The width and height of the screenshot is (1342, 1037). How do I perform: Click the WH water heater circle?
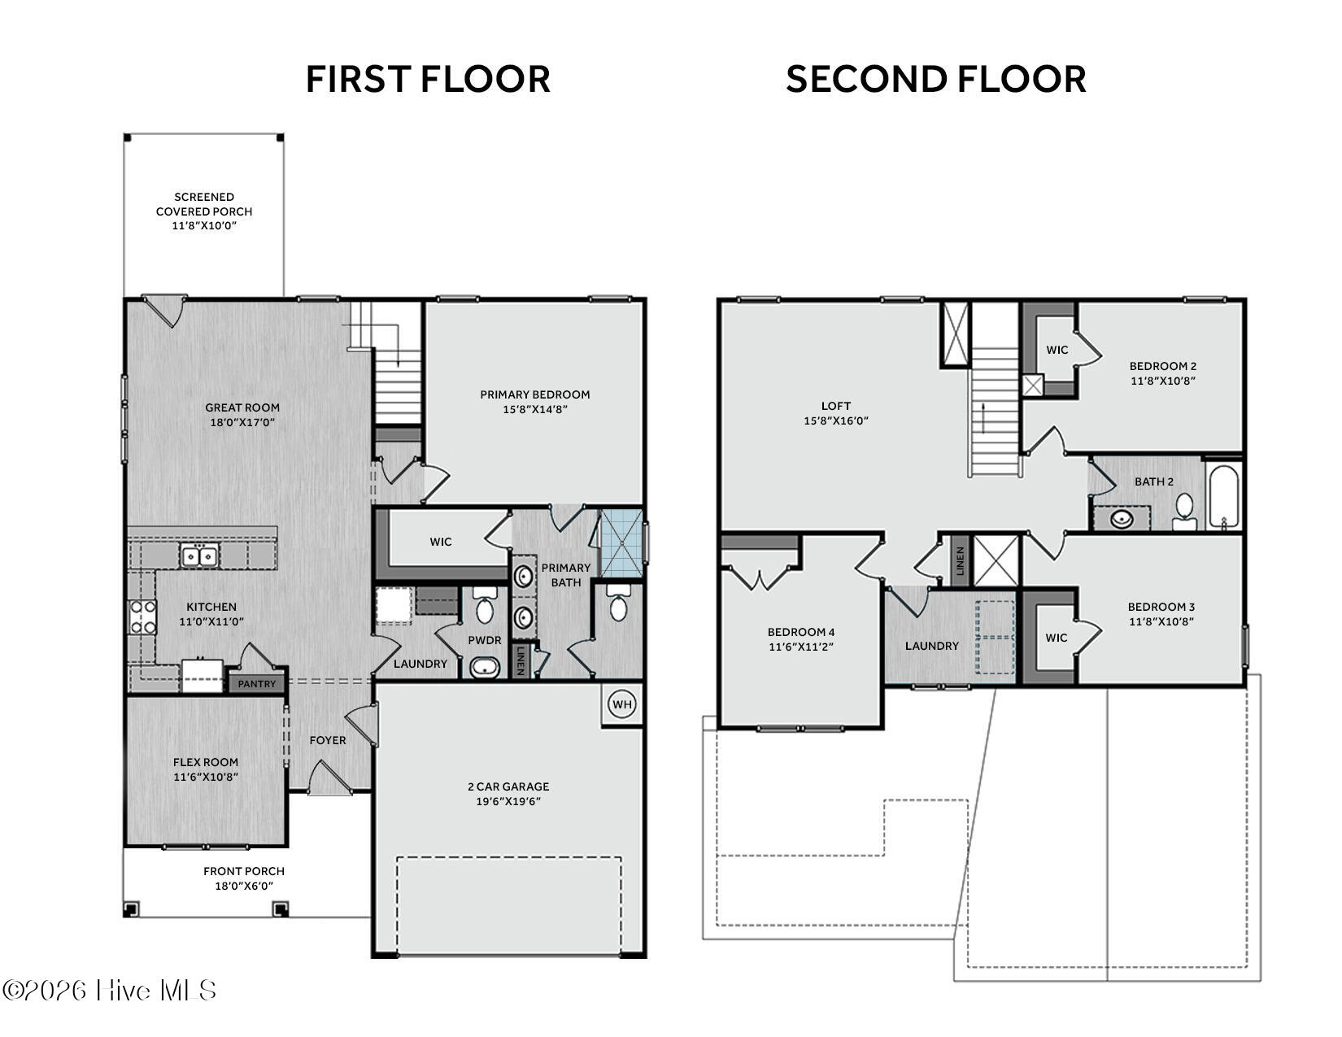(x=622, y=704)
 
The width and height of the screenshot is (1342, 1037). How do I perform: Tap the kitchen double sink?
(x=199, y=556)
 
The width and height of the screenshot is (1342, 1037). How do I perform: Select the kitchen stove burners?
(x=142, y=617)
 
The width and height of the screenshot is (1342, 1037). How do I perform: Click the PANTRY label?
(x=257, y=684)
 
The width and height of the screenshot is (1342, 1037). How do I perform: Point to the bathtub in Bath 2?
(x=1223, y=495)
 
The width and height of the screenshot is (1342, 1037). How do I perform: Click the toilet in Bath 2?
(x=1184, y=512)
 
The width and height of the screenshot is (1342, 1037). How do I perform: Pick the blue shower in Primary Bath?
(x=621, y=542)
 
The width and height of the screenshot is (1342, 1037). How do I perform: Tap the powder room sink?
(x=485, y=668)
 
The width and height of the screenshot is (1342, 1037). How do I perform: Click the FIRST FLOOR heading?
(x=428, y=80)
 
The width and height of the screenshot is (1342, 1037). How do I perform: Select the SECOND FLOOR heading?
(x=935, y=80)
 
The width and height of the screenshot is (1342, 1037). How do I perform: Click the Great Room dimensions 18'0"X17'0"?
(x=242, y=422)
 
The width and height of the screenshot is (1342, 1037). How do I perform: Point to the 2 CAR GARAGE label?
(x=508, y=786)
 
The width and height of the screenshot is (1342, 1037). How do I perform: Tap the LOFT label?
(x=836, y=406)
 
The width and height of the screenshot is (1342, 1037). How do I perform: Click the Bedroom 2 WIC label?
(x=1057, y=350)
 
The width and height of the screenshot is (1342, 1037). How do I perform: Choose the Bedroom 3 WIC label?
(x=1056, y=638)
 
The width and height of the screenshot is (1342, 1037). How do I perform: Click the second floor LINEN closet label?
(x=961, y=561)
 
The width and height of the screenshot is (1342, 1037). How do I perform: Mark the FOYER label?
(x=327, y=740)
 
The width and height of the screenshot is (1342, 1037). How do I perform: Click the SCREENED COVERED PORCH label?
(x=204, y=204)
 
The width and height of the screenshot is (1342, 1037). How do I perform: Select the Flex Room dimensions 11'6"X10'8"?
(x=206, y=777)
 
